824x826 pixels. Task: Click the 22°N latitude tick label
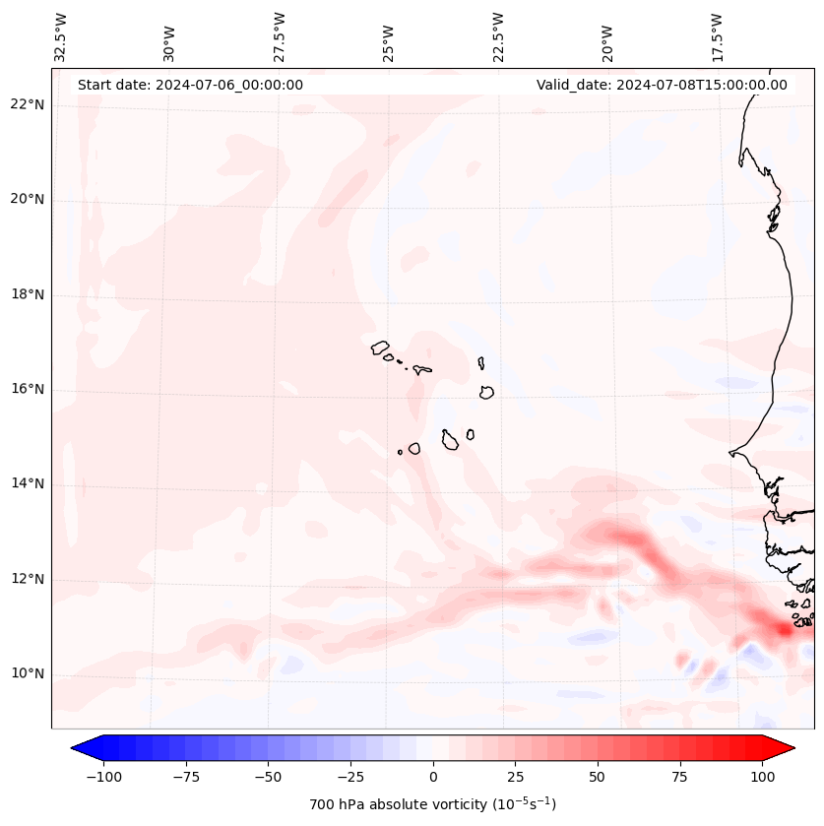pos(28,105)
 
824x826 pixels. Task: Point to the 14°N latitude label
pos(28,483)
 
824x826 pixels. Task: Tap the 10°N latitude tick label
pos(28,673)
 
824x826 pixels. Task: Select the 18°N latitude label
pos(28,294)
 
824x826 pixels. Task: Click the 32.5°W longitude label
pos(61,36)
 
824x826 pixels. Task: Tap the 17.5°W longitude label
pos(717,36)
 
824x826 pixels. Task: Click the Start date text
pos(190,85)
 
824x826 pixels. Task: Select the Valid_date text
pos(662,85)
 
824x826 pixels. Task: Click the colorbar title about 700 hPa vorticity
pos(432,804)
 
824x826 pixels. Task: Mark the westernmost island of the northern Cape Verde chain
pos(380,347)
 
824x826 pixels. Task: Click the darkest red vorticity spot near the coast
pos(785,628)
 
